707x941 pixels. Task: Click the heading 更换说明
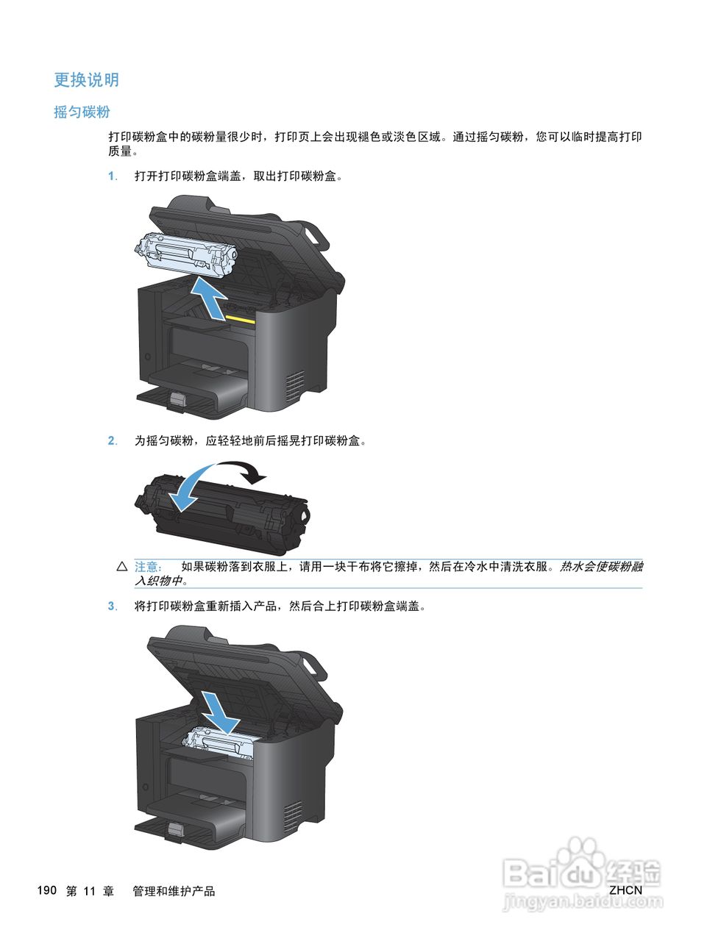(x=86, y=79)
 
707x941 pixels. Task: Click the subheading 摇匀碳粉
(x=82, y=112)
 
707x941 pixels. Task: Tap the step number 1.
(x=112, y=176)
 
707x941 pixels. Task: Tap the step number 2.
(x=112, y=440)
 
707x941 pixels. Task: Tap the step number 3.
(x=112, y=606)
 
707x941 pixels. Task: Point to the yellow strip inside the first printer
(x=241, y=320)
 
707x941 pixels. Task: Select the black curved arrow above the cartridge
(x=243, y=471)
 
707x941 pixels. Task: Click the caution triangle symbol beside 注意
(x=122, y=567)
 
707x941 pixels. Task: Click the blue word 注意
(x=147, y=567)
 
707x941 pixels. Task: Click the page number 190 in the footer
(x=46, y=890)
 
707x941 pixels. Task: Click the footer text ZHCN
(x=625, y=890)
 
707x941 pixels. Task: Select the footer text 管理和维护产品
(x=174, y=891)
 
